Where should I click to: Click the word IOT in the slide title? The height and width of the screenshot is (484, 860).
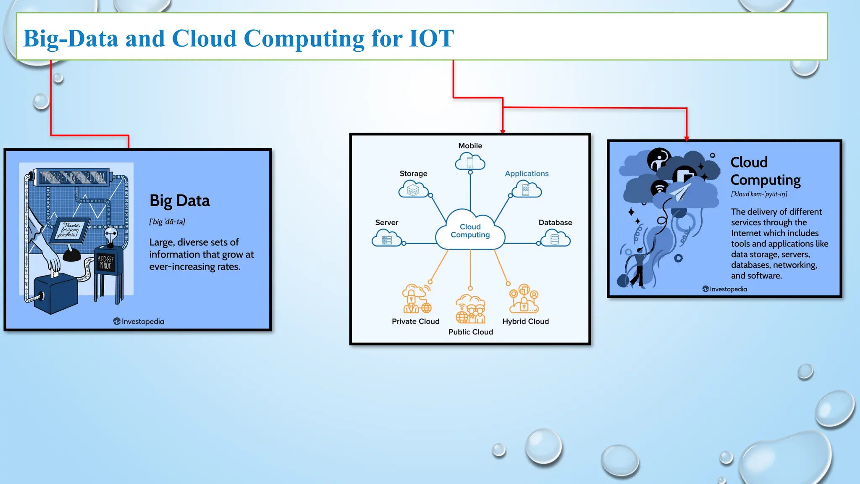coord(431,38)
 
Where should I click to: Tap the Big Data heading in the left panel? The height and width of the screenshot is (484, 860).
coord(179,201)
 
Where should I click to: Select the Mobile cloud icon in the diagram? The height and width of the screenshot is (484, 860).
coord(470,162)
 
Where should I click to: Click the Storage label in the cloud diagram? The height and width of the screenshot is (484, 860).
coord(413,174)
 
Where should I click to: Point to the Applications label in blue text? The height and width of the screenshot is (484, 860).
coord(527,174)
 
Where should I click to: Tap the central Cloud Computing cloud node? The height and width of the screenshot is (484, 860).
coord(470,231)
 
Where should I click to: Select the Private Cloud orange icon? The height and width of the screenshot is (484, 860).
coord(416,299)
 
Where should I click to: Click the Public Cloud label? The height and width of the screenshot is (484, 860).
coord(470,332)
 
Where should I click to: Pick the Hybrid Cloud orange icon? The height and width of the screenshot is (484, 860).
coord(524,299)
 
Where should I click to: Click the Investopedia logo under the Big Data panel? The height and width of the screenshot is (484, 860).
coord(139,321)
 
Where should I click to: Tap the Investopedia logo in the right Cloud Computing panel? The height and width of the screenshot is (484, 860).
coord(724,289)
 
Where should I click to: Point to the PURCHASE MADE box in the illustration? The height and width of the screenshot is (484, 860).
coord(105,263)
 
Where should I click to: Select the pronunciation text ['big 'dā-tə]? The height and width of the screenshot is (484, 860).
coord(167,222)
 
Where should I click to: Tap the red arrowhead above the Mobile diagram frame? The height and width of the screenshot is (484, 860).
coord(503,132)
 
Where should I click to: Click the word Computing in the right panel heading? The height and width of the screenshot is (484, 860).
coord(765,180)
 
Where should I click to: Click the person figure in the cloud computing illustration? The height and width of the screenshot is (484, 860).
coord(639,267)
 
